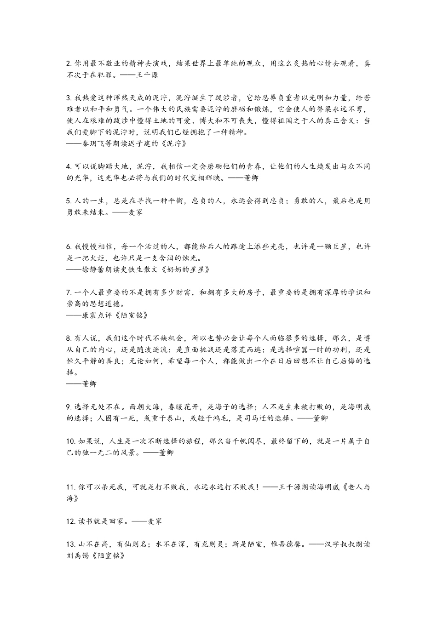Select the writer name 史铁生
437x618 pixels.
coord(132,269)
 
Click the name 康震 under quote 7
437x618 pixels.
coord(90,315)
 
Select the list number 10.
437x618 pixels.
coord(71,441)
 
